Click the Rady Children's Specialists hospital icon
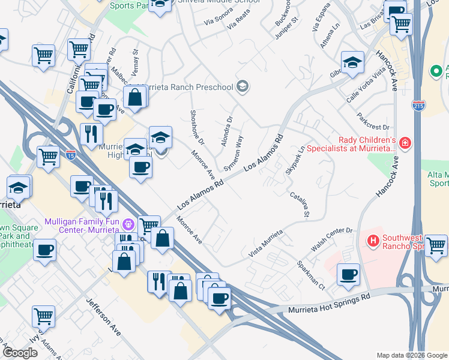pos(406,142)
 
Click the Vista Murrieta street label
pos(265,243)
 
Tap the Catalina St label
pos(299,204)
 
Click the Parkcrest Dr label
pos(373,120)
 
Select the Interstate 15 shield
pos(71,155)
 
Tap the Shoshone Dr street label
pos(197,127)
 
